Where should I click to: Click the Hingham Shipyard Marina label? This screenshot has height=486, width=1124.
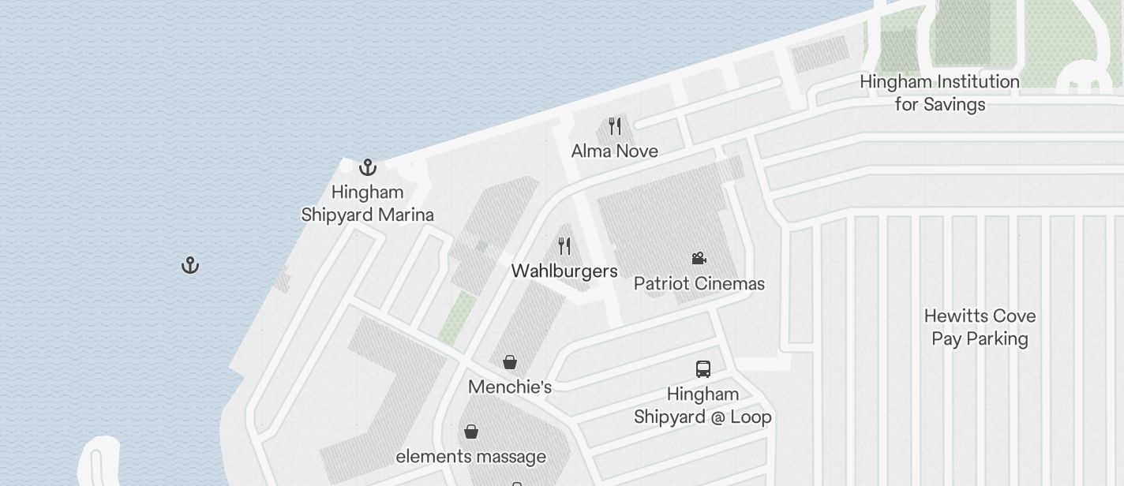click(x=367, y=204)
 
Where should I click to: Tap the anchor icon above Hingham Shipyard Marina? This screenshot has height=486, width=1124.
click(x=368, y=167)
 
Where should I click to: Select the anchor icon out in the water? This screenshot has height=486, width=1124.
click(x=190, y=265)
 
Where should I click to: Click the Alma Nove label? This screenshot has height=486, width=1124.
click(x=614, y=151)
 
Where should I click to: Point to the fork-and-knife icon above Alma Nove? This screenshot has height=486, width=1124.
click(x=615, y=126)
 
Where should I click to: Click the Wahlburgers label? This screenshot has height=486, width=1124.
click(x=564, y=271)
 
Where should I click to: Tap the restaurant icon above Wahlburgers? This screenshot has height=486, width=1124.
click(x=564, y=246)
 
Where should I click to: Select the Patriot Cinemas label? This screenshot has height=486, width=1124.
click(x=699, y=283)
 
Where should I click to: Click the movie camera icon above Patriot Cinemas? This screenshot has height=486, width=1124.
click(x=699, y=258)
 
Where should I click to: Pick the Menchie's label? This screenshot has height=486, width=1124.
click(x=510, y=387)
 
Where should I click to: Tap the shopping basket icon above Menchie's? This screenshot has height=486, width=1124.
click(x=510, y=362)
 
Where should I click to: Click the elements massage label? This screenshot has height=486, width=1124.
click(x=470, y=456)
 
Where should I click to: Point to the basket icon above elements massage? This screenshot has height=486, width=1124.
click(x=471, y=432)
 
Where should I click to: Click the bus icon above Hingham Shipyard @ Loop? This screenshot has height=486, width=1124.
click(x=702, y=368)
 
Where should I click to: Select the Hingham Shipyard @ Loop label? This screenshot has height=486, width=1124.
click(x=702, y=406)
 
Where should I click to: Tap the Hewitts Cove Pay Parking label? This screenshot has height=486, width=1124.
click(x=980, y=327)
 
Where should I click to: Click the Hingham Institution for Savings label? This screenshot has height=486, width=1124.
click(x=939, y=92)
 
